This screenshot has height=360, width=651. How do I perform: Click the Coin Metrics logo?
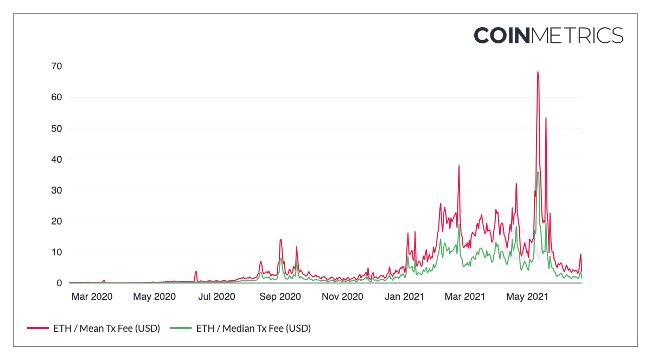tap(548, 35)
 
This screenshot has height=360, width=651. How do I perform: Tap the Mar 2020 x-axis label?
tap(92, 297)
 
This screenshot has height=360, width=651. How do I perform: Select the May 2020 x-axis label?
tap(154, 297)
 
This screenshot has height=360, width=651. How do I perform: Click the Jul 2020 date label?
tap(216, 297)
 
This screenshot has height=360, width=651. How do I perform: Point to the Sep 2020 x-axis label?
tap(280, 297)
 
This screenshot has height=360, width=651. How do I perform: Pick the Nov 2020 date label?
tap(342, 297)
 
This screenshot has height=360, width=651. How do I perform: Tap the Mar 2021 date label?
tap(465, 297)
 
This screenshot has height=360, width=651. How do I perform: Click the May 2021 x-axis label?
tap(527, 297)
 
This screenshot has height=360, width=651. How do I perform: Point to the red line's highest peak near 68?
tap(538, 72)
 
